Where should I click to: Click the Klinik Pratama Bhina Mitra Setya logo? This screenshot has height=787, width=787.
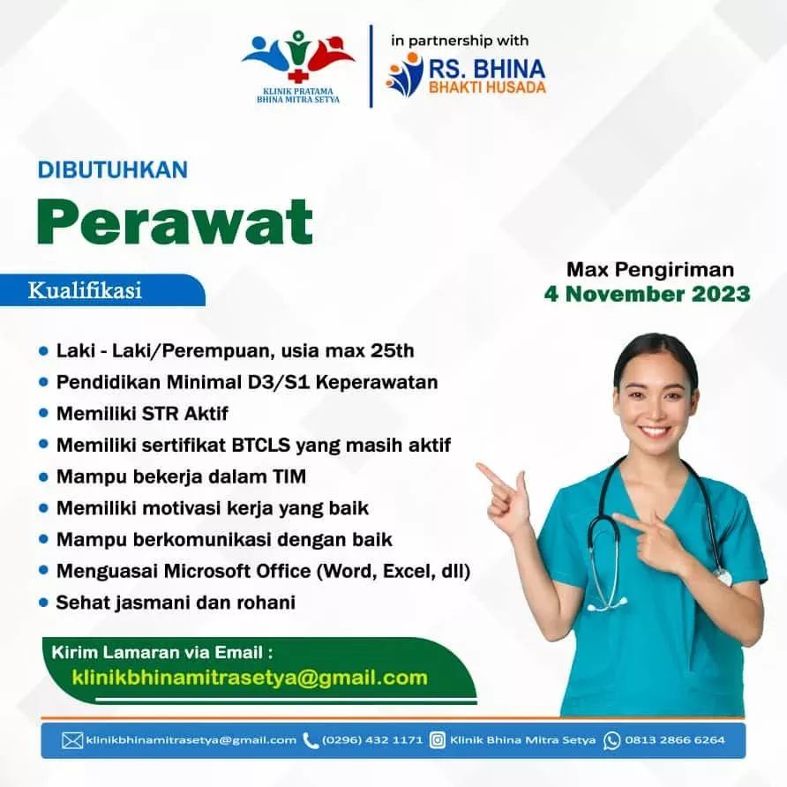tap(298, 66)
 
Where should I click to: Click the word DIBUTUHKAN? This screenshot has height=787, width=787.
tap(112, 169)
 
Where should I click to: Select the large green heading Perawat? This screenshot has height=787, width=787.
tap(175, 221)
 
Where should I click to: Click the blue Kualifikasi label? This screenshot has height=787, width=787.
tap(85, 290)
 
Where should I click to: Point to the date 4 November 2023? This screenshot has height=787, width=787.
tap(647, 294)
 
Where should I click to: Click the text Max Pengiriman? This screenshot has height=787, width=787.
tap(650, 269)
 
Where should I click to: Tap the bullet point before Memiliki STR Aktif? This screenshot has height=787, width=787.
tap(43, 413)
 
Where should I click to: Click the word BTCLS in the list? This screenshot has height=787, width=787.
tap(261, 445)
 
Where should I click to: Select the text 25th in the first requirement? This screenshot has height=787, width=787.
tap(393, 350)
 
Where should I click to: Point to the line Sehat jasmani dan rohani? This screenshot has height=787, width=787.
tap(176, 603)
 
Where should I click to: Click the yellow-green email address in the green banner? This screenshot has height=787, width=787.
tap(250, 678)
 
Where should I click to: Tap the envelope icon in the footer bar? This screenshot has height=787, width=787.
tap(71, 740)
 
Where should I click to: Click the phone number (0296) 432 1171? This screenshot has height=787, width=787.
tap(372, 740)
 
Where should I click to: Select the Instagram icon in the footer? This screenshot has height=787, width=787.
tap(437, 740)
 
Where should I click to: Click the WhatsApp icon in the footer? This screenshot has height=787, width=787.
tap(611, 740)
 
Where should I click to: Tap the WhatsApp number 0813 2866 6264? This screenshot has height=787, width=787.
tap(675, 740)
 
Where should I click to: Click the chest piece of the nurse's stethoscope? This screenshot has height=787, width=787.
tap(723, 577)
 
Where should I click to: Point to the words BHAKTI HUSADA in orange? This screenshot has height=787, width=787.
tap(487, 87)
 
